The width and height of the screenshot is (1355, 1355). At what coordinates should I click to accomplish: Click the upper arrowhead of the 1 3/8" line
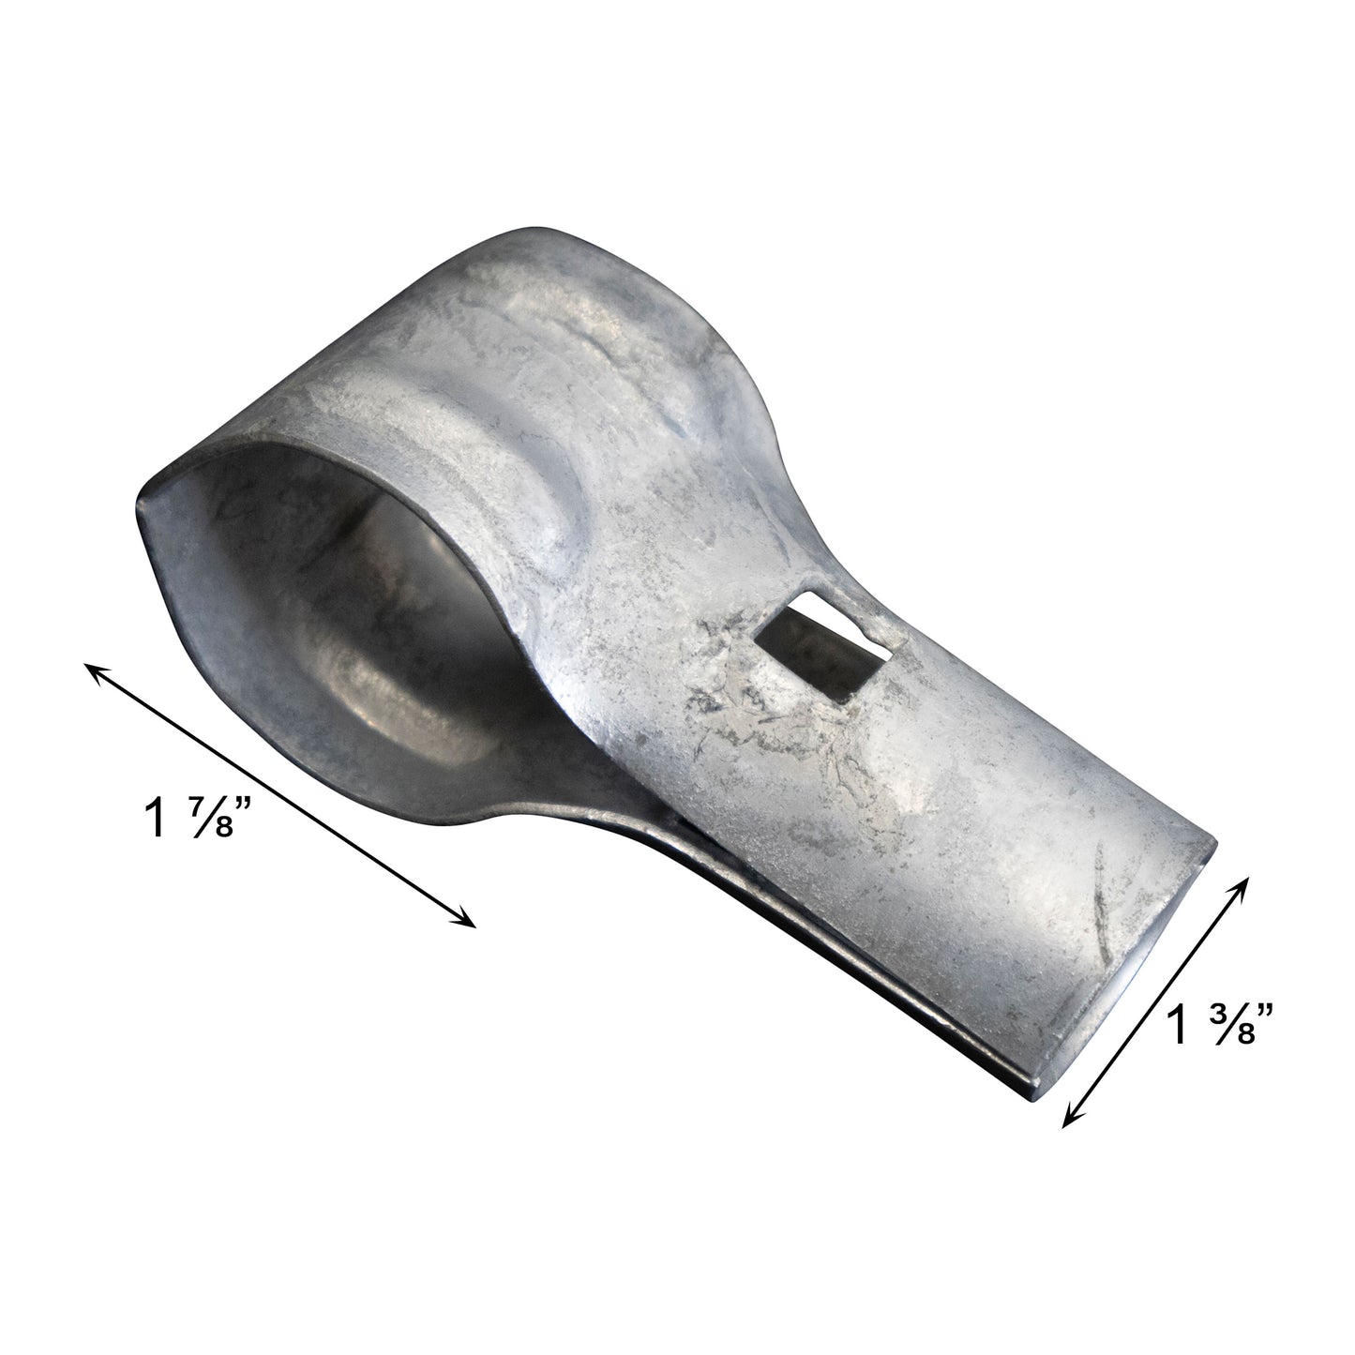[x=1247, y=881]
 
